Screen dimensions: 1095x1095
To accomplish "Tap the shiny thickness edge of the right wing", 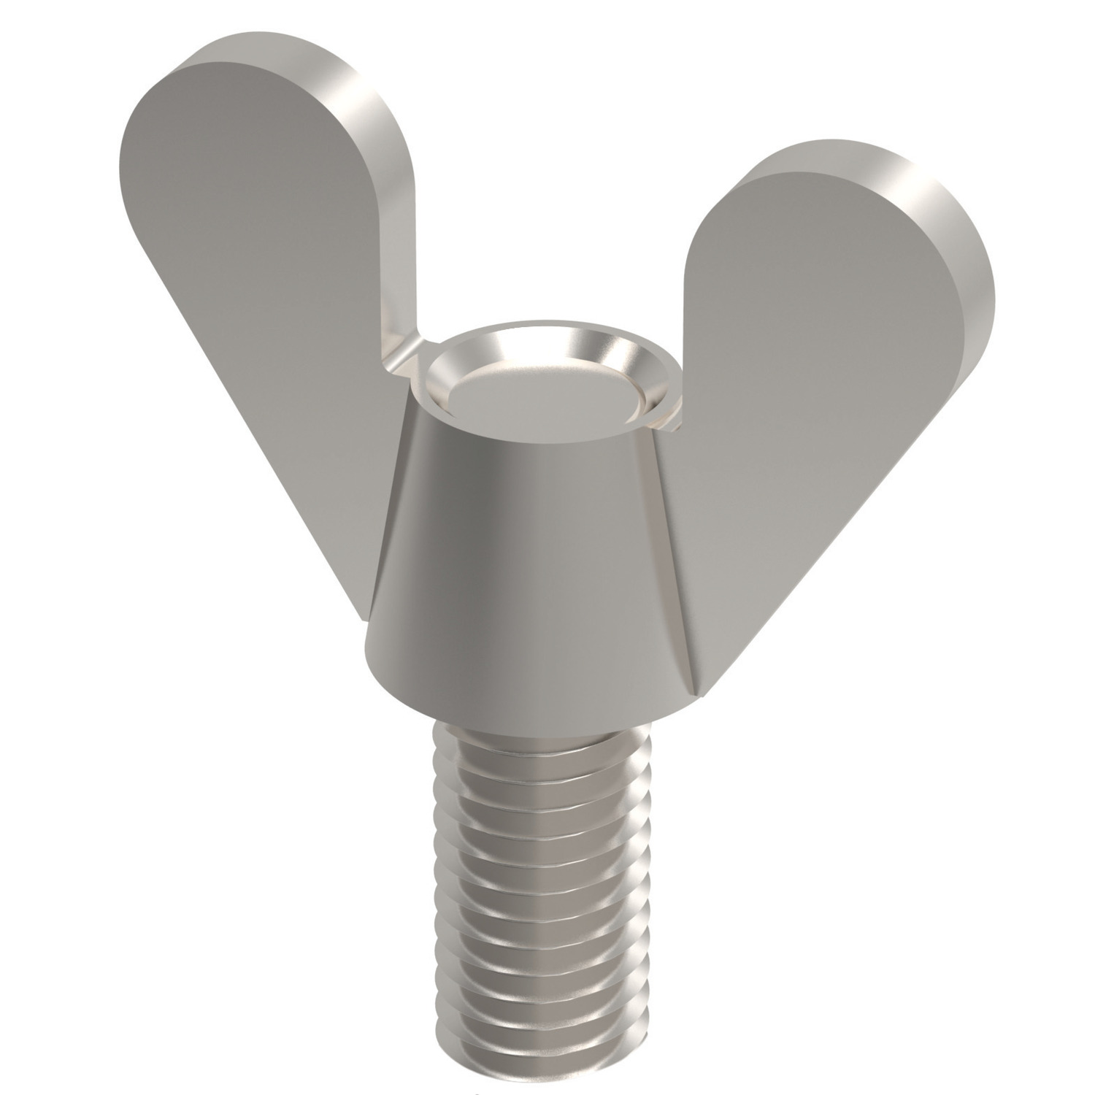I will [x=964, y=234].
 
